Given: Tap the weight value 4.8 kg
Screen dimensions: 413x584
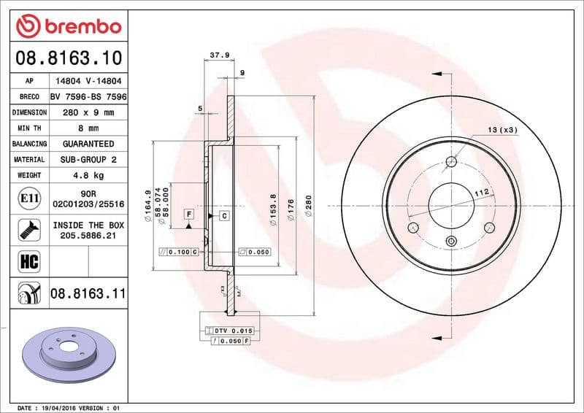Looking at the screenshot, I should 88,175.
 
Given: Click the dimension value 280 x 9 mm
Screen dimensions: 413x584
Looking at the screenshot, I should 88,112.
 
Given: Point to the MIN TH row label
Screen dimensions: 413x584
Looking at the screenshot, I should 29,128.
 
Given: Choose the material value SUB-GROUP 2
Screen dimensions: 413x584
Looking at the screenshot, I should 88,159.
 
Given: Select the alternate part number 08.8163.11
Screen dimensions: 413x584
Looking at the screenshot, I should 88,294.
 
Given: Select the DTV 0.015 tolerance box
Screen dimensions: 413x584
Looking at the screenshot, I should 233,331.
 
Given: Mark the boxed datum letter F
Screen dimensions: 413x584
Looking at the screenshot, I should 188,214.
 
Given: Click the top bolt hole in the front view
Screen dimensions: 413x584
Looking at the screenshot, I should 451,162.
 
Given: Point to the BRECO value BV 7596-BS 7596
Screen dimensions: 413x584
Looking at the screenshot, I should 88,97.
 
